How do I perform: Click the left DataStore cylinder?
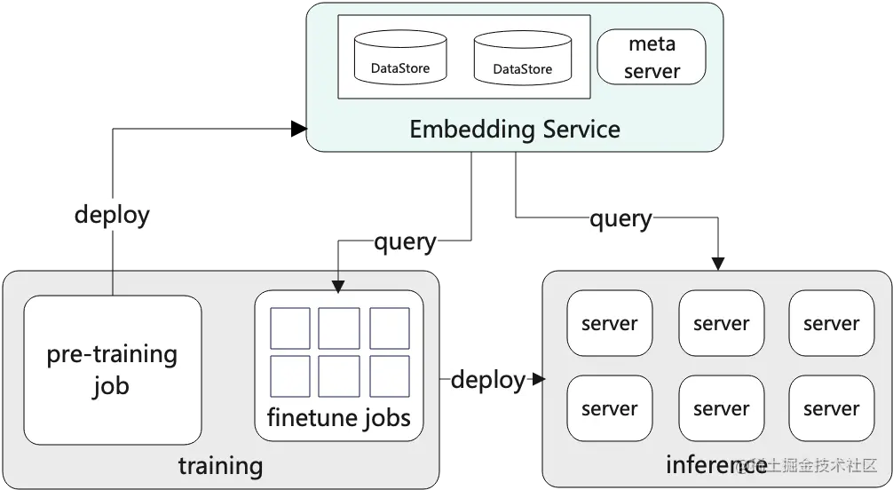(x=399, y=58)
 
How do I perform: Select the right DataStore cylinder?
(x=522, y=58)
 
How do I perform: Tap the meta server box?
(x=652, y=57)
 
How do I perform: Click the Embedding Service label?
(x=514, y=130)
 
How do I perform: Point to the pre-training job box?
(x=112, y=369)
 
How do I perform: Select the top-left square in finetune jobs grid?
(x=290, y=328)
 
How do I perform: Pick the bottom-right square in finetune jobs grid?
(x=390, y=376)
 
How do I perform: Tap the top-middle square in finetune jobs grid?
(x=339, y=328)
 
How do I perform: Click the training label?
(x=220, y=466)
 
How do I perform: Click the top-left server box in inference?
(x=609, y=324)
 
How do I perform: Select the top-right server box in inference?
(x=831, y=324)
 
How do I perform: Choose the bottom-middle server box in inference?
(x=721, y=408)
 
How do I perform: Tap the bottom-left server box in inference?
(x=609, y=408)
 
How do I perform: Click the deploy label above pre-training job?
(x=112, y=214)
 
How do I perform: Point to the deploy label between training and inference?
(x=488, y=380)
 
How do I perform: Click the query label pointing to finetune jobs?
(x=405, y=241)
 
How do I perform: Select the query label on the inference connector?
(x=620, y=217)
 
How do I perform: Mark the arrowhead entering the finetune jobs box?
(x=337, y=285)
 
